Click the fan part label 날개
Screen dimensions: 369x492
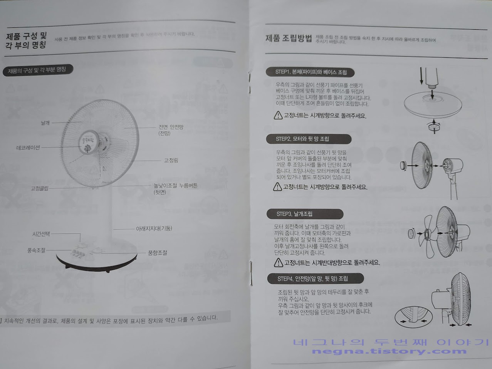click(x=45, y=123)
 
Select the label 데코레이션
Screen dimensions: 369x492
click(x=28, y=148)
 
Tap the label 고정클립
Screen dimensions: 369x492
click(x=40, y=189)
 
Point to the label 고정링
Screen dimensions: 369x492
click(x=171, y=160)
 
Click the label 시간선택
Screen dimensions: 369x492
click(x=41, y=234)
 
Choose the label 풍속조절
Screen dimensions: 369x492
click(x=36, y=250)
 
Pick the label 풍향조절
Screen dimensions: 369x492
click(x=158, y=253)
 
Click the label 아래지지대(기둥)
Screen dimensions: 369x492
click(x=154, y=228)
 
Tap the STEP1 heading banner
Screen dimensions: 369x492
click(x=311, y=72)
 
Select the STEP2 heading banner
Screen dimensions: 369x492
click(x=308, y=139)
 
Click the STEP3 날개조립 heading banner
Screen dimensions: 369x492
click(x=304, y=214)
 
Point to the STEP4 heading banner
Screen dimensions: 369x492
click(x=315, y=278)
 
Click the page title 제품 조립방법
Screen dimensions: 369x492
click(x=289, y=38)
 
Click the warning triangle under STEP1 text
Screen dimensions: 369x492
click(x=278, y=115)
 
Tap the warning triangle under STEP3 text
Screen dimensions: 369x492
click(x=278, y=263)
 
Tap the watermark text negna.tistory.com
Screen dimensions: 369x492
click(x=389, y=351)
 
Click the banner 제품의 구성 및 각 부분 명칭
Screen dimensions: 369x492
click(x=37, y=70)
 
